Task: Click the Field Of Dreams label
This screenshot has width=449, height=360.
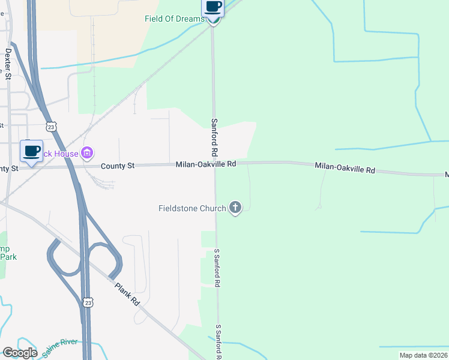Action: (174, 19)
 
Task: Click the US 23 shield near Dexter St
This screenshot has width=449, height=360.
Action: (52, 127)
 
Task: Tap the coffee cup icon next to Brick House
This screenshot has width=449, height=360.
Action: (31, 151)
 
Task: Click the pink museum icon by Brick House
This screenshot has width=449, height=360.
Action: (88, 154)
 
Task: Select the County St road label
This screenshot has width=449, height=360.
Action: (117, 166)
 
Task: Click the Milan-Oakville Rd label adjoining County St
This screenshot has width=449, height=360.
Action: (206, 164)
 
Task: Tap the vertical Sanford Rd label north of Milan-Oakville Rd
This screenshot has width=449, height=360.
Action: (214, 136)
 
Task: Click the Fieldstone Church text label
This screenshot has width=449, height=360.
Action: (191, 208)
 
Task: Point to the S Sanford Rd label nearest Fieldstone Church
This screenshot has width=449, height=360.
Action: (217, 268)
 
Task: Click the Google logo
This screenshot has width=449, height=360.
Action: (20, 353)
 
